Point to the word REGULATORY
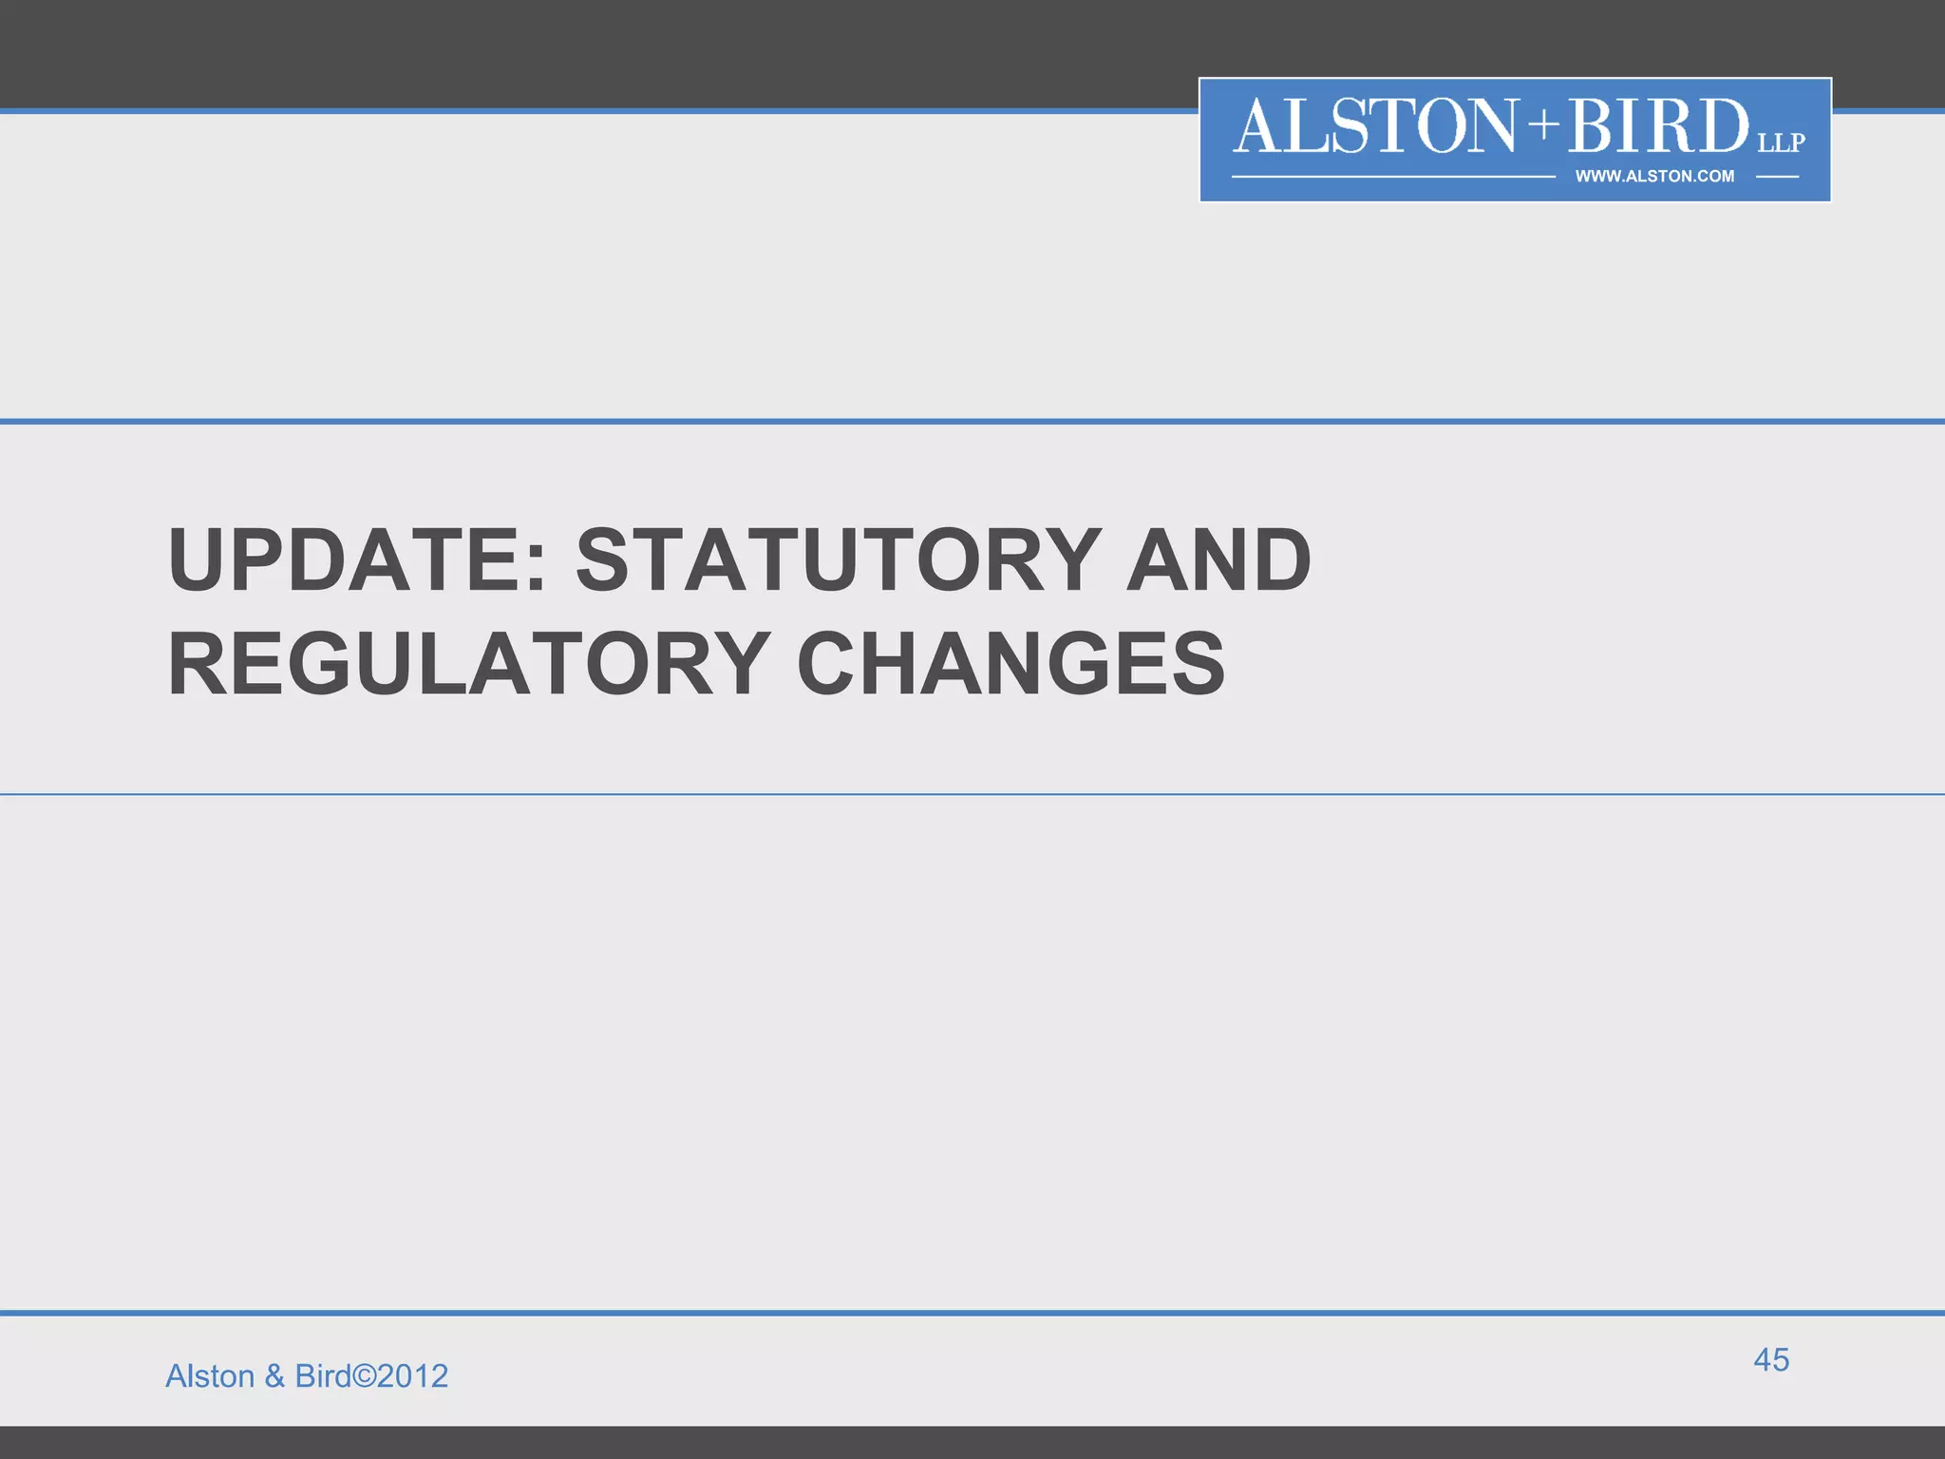[x=469, y=664]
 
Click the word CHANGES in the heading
[x=1011, y=664]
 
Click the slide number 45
[x=1771, y=1359]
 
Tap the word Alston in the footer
[x=210, y=1375]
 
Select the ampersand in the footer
[x=275, y=1376]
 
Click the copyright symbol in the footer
[x=364, y=1376]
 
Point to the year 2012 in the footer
[x=413, y=1376]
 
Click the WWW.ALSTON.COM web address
[x=1654, y=176]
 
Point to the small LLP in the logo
[x=1781, y=142]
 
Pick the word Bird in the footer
[x=323, y=1375]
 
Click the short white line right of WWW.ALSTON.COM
[x=1777, y=177]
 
